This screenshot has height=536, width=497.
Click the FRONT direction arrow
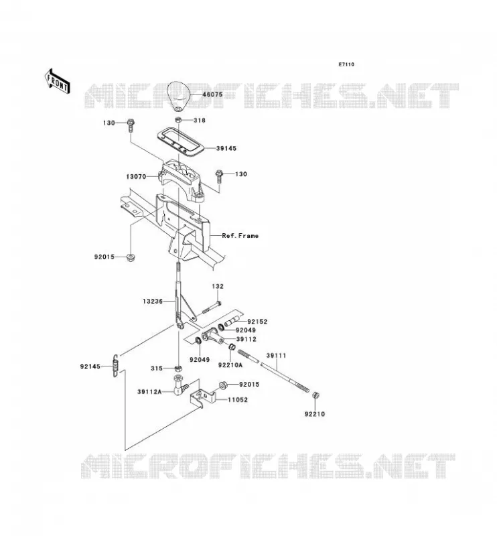(x=58, y=82)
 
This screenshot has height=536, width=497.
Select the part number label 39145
(x=226, y=148)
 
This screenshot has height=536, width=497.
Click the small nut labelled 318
(x=178, y=120)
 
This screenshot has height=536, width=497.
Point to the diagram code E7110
(x=346, y=64)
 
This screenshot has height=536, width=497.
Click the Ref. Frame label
(x=240, y=236)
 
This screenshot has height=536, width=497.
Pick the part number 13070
(x=136, y=177)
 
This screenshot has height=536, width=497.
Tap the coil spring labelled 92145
(x=116, y=365)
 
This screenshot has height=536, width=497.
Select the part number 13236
(x=153, y=301)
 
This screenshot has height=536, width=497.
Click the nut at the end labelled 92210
(x=315, y=395)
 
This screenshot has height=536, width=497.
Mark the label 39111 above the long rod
(x=276, y=356)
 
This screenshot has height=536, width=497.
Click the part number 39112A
(x=149, y=392)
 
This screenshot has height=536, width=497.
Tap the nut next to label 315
(x=177, y=368)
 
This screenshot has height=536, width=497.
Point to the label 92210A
(x=230, y=365)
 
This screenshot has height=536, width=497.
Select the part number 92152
(x=257, y=322)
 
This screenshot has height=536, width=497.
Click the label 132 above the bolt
(x=218, y=286)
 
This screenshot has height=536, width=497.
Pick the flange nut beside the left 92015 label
(x=130, y=257)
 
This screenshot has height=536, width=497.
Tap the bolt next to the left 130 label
(x=131, y=125)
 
